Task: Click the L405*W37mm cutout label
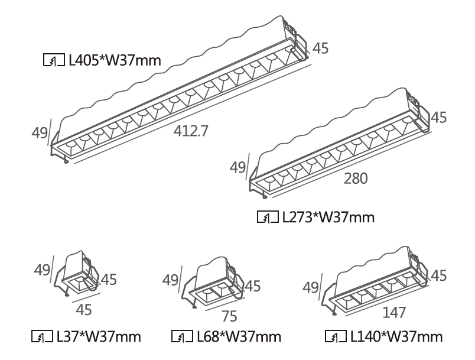tap(115, 59)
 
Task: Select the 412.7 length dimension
tap(190, 131)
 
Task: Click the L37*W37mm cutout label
tap(99, 337)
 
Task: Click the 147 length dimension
tap(393, 312)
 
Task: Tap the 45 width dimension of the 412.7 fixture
tap(320, 48)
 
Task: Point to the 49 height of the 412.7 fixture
tap(40, 133)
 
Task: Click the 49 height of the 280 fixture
tap(237, 167)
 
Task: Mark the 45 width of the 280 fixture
tap(438, 118)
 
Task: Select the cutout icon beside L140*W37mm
tap(334, 337)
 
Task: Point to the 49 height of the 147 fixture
tap(311, 287)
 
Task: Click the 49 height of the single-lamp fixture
tap(41, 270)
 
